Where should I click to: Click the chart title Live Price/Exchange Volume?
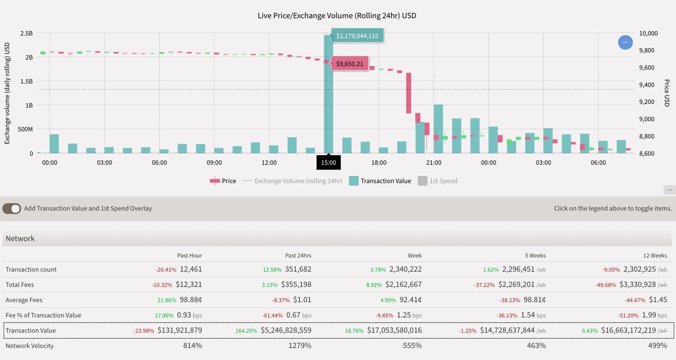[x=337, y=16]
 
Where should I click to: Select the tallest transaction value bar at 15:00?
[x=328, y=106]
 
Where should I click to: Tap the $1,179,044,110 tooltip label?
[x=358, y=36]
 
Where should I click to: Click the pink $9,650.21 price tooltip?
[x=350, y=64]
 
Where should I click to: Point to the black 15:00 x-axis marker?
[x=328, y=163]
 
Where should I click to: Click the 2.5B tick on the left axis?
[x=26, y=33]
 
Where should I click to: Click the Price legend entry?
[x=223, y=181]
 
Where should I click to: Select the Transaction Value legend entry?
[x=380, y=181]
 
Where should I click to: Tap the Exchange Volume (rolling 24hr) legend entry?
[x=292, y=181]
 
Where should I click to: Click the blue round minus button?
[x=625, y=42]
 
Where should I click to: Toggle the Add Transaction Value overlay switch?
[x=12, y=209]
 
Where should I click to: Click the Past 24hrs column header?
[x=298, y=255]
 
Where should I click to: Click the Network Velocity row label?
[x=30, y=346]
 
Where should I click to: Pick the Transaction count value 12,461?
[x=191, y=269]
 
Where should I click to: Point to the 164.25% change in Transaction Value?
[x=246, y=330]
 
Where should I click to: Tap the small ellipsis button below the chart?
[x=670, y=190]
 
